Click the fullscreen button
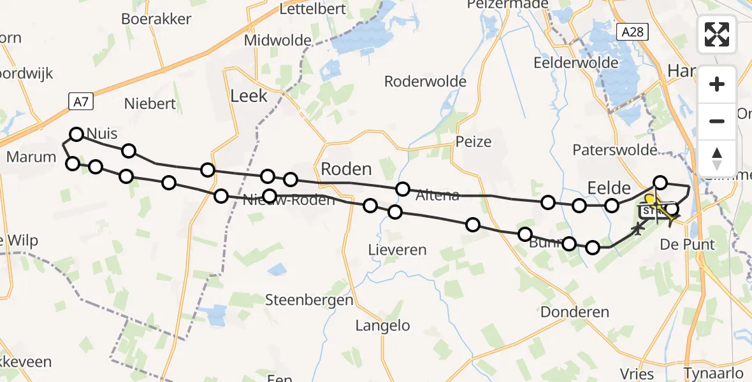717,34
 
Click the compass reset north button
717,158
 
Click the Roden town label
346,169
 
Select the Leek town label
249,97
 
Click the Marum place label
31,156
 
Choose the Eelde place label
609,188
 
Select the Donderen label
575,312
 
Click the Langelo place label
382,326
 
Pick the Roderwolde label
425,81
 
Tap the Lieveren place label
397,250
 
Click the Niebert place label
150,103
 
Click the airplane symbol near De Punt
637,228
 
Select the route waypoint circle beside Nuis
76,134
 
